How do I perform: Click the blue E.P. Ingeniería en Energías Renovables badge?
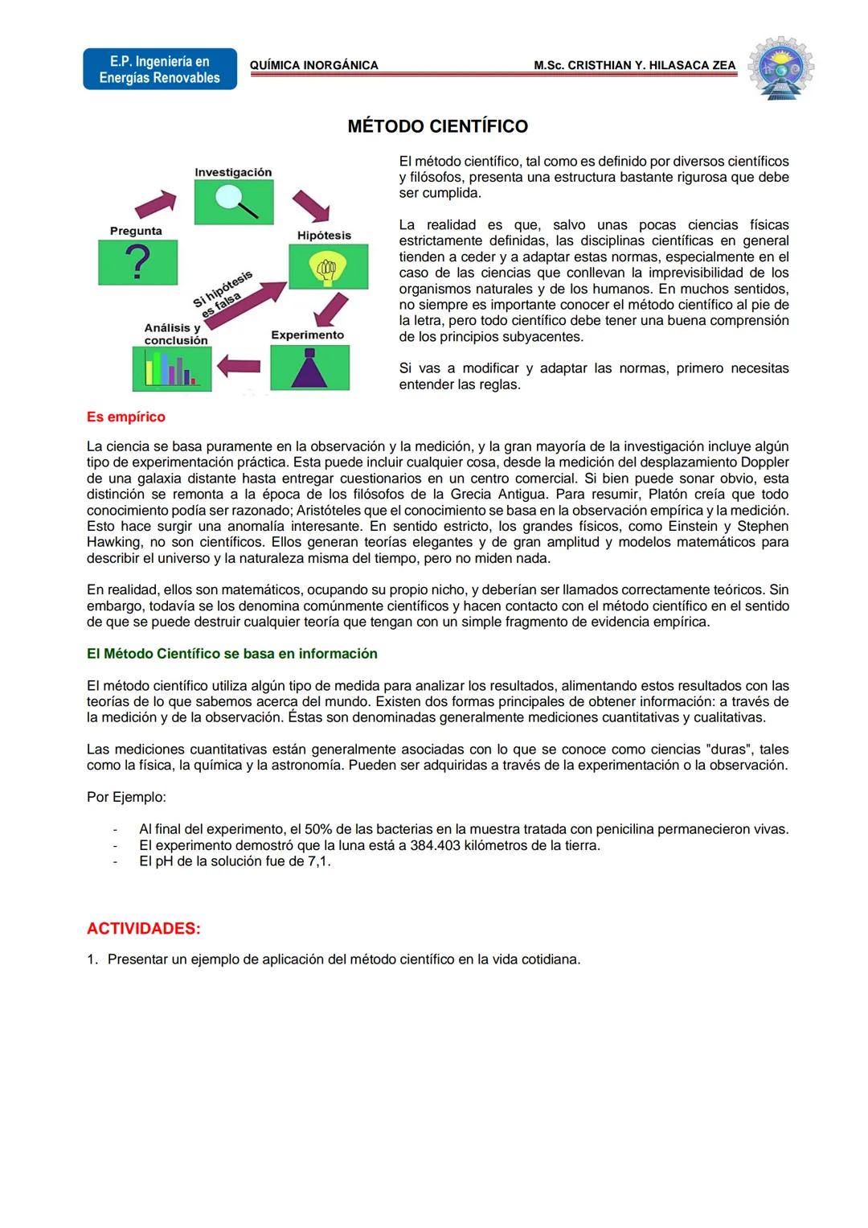pos(159,69)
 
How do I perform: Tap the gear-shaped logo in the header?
pos(780,69)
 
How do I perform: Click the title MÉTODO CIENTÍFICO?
pos(437,126)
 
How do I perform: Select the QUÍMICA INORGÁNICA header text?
pos(314,65)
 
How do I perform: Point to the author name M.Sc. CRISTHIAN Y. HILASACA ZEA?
pos(634,65)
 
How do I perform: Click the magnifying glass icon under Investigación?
pos(234,202)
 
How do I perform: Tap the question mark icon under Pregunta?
pos(138,262)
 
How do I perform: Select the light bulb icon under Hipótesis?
pos(328,267)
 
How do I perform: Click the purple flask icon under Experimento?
pos(309,368)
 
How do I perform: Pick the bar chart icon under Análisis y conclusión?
pos(172,368)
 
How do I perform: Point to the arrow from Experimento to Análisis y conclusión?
pos(240,367)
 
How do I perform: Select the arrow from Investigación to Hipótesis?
pos(311,206)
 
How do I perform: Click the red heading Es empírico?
pos(126,417)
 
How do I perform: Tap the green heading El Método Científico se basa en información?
pos(231,654)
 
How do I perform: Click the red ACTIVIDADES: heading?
pos(144,929)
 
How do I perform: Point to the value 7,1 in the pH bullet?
pos(319,861)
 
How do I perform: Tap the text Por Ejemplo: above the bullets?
pos(126,798)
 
